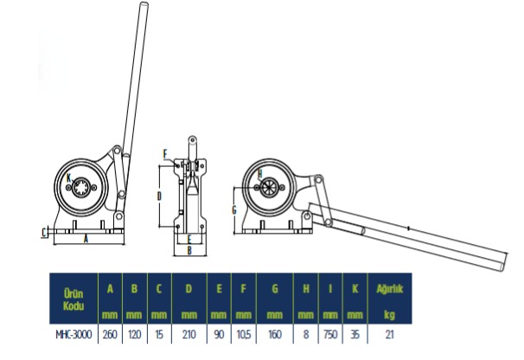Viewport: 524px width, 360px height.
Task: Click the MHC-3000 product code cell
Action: click(73, 334)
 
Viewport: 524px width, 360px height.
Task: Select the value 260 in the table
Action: click(110, 334)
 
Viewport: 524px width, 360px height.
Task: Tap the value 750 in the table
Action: click(330, 334)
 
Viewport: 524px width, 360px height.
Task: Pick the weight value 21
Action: click(390, 334)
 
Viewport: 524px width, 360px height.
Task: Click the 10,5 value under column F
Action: click(244, 334)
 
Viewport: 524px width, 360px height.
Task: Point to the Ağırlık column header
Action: click(390, 289)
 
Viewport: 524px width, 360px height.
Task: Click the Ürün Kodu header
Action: click(73, 299)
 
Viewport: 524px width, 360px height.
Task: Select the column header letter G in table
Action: click(275, 288)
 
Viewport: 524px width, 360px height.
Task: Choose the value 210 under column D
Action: click(189, 334)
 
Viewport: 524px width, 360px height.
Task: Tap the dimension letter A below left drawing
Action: click(86, 239)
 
